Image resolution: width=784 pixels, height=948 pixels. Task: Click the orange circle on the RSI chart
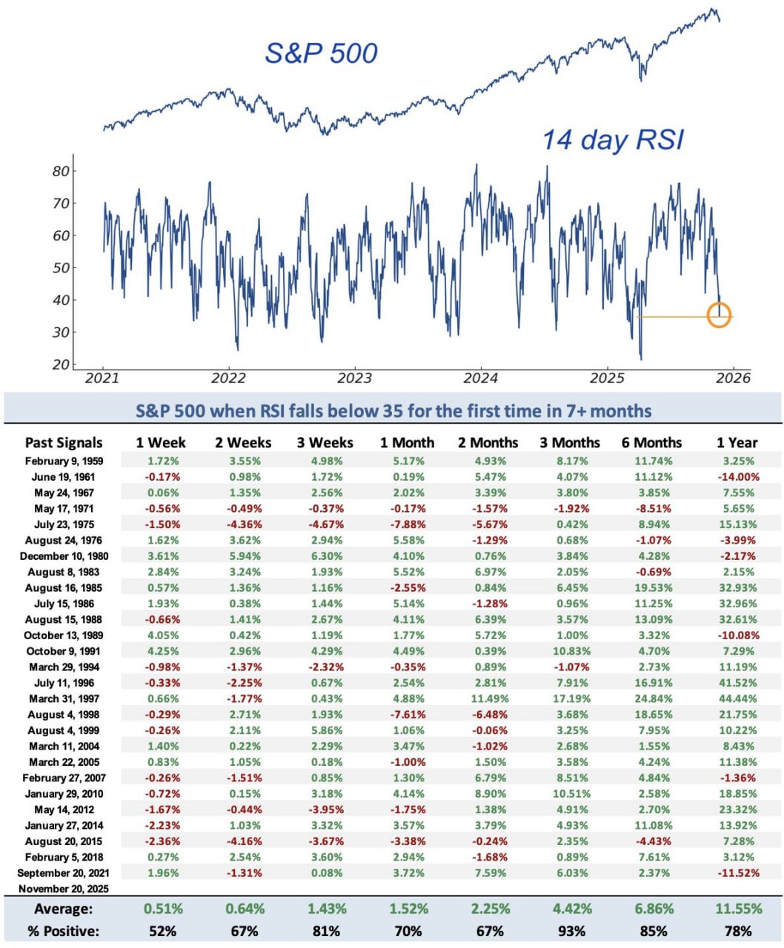719,316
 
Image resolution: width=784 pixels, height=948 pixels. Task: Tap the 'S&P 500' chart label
321,53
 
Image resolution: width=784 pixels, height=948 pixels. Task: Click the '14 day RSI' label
613,139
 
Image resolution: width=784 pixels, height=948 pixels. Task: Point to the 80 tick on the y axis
61,171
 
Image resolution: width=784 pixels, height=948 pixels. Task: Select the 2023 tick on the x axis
354,378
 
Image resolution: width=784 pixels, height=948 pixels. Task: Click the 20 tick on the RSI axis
61,364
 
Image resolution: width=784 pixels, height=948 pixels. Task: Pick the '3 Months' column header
569,443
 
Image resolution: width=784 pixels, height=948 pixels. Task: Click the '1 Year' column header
737,443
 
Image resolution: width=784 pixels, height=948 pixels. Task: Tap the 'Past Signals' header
64,443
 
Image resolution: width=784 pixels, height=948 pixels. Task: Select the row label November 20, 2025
64,889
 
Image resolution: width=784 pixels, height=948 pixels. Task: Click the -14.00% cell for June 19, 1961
738,477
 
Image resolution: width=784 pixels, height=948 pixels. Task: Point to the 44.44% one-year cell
738,698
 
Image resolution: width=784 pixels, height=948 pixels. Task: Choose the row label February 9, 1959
64,461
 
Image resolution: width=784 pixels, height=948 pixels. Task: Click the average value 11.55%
738,909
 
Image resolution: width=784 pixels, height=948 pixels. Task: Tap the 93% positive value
571,931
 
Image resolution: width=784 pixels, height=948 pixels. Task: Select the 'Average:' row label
64,909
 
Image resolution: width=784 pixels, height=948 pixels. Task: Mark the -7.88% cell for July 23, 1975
408,524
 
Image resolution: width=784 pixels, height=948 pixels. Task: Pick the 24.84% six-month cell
654,698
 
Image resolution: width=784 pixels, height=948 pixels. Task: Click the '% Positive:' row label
64,931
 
